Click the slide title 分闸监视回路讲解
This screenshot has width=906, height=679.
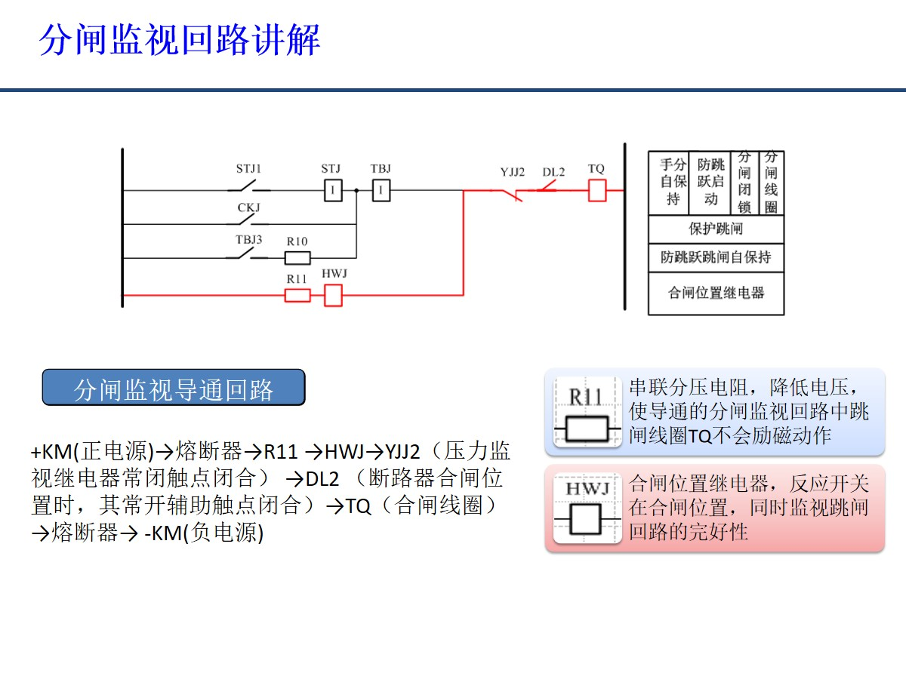pyautogui.click(x=180, y=40)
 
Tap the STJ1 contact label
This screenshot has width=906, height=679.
pyautogui.click(x=248, y=169)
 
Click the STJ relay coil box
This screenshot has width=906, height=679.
pyautogui.click(x=333, y=191)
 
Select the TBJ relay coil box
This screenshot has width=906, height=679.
pyautogui.click(x=381, y=191)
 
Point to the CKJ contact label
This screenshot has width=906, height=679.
pyautogui.click(x=248, y=207)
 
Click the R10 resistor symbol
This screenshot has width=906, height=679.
pyautogui.click(x=297, y=258)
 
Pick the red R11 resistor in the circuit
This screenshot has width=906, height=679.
pyautogui.click(x=297, y=295)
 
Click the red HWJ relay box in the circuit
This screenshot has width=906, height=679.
pyautogui.click(x=333, y=295)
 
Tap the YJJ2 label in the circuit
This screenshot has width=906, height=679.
pyautogui.click(x=512, y=172)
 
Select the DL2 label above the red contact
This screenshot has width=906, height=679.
pyautogui.click(x=553, y=172)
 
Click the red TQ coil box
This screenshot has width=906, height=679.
pyautogui.click(x=596, y=191)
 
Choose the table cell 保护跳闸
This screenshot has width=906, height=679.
pyautogui.click(x=716, y=229)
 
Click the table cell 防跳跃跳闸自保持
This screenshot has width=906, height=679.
pyautogui.click(x=716, y=257)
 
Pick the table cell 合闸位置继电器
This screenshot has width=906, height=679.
pyautogui.click(x=716, y=293)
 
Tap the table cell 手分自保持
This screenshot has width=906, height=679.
pyautogui.click(x=673, y=182)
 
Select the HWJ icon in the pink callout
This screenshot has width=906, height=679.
pyautogui.click(x=587, y=508)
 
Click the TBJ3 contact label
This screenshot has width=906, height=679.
pyautogui.click(x=248, y=241)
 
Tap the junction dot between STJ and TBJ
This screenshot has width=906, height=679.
pyautogui.click(x=356, y=191)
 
